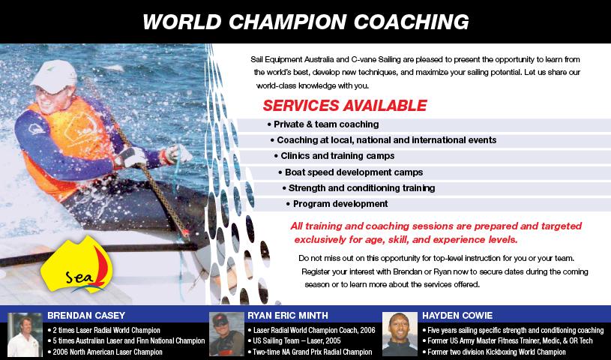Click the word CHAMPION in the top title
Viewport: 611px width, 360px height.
pos(287,22)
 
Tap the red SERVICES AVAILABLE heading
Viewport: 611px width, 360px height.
pos(345,106)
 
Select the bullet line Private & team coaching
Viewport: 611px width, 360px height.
pos(323,124)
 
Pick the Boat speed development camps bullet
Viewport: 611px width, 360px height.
pos(350,172)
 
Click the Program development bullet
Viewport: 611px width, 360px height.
pos(337,204)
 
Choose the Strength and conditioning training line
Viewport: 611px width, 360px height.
pos(358,188)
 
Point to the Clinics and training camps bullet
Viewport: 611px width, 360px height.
pos(334,156)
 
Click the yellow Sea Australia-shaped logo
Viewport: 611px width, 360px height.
pos(76,265)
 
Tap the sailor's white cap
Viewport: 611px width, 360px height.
pos(54,76)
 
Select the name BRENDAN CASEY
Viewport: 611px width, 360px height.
pos(86,316)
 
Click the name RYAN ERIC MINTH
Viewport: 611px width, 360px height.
pos(288,316)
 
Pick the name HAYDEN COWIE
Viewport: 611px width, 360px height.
pos(457,316)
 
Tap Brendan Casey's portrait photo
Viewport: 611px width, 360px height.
pos(25,334)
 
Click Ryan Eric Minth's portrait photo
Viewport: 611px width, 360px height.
pos(226,334)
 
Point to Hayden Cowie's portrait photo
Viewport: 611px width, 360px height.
pos(400,334)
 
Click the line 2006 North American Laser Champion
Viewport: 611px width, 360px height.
pos(105,352)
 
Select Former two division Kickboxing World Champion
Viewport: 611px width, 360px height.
pos(494,352)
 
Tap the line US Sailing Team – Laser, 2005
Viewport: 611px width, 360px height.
pos(294,341)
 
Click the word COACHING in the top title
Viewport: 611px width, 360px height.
pos(411,22)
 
